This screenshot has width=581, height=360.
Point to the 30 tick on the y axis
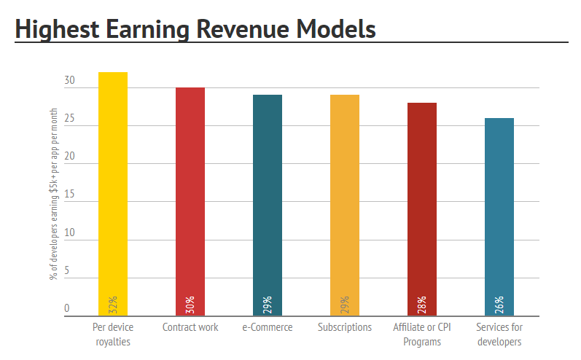pyautogui.click(x=69, y=81)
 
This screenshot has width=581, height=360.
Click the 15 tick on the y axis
pyautogui.click(x=69, y=195)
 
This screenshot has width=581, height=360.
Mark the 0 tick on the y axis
pyautogui.click(x=67, y=308)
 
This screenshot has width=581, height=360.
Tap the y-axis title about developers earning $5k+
pyautogui.click(x=54, y=193)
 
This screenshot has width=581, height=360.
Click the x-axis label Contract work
pyautogui.click(x=190, y=327)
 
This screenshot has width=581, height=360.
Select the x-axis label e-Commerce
pyautogui.click(x=268, y=327)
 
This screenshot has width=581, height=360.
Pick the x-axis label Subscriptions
pyautogui.click(x=345, y=327)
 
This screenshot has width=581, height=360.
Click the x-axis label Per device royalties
pyautogui.click(x=113, y=334)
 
